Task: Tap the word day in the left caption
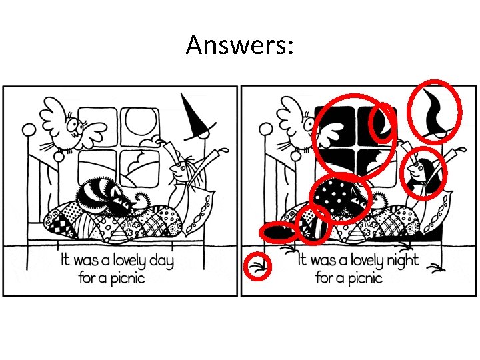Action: click(159, 259)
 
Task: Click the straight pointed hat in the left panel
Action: click(194, 116)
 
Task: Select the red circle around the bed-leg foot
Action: click(257, 267)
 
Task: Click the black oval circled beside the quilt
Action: click(279, 231)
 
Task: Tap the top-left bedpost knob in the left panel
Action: click(29, 128)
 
